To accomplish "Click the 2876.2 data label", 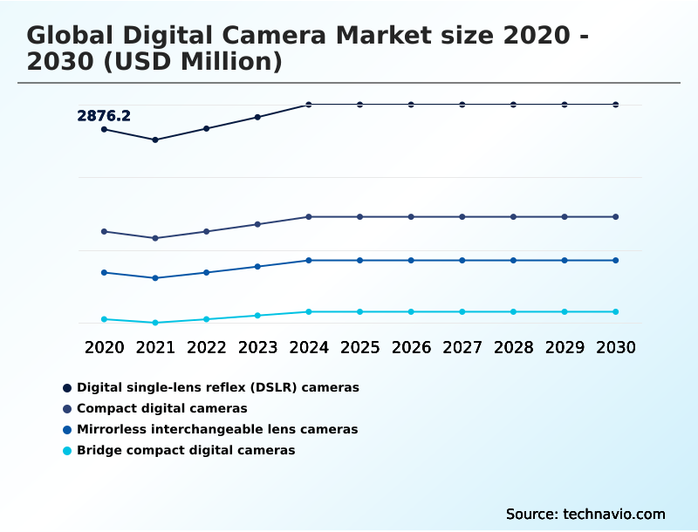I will (104, 115).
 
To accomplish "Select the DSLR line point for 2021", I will (155, 140).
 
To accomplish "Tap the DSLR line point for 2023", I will (257, 117).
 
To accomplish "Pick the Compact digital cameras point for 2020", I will (104, 231).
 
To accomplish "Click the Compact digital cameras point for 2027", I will (462, 216).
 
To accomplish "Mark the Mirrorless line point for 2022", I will (207, 272).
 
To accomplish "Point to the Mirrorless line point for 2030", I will (616, 260).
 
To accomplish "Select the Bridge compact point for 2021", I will (155, 323).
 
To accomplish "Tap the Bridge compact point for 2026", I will (411, 311).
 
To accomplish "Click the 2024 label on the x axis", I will (309, 347).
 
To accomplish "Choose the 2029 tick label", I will (565, 347).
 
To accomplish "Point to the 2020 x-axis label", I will (104, 347).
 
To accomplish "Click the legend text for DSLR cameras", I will (218, 387).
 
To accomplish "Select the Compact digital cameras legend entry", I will (162, 408).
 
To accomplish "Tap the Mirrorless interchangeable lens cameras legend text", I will (217, 429).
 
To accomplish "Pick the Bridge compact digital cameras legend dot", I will (67, 451).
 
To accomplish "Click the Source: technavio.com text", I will (585, 514).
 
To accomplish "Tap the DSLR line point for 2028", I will (513, 105).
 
